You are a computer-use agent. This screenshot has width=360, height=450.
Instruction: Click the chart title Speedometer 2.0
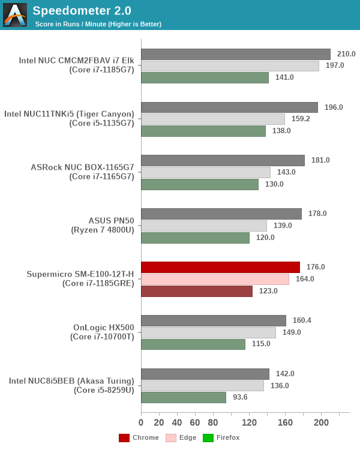pos(82,10)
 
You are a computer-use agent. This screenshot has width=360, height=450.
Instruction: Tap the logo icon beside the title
pos(15,15)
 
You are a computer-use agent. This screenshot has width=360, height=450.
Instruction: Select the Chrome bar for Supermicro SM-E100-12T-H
pos(220,267)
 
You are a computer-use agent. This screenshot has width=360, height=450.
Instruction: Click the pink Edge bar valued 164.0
pos(215,279)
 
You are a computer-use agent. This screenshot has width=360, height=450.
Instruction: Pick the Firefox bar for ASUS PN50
pos(195,238)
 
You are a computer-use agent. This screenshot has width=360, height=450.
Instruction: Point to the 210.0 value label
pos(346,54)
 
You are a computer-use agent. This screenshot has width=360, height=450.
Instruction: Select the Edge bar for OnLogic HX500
pos(208,332)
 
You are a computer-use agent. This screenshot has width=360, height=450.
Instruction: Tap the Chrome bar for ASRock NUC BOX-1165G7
pos(223,160)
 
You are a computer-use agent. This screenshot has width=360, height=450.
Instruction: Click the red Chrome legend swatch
pos(124,437)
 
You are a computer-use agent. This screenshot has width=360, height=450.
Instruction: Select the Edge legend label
pos(188,437)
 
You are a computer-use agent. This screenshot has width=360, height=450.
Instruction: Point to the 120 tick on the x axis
pos(249,422)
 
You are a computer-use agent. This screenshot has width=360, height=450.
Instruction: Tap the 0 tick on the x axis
pos(141,422)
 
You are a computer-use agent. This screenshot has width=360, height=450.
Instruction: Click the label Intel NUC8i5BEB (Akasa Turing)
pos(71,380)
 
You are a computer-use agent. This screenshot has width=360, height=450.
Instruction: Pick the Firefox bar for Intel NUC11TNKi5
pos(203,131)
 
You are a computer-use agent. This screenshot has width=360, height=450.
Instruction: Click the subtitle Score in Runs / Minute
pos(98,24)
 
